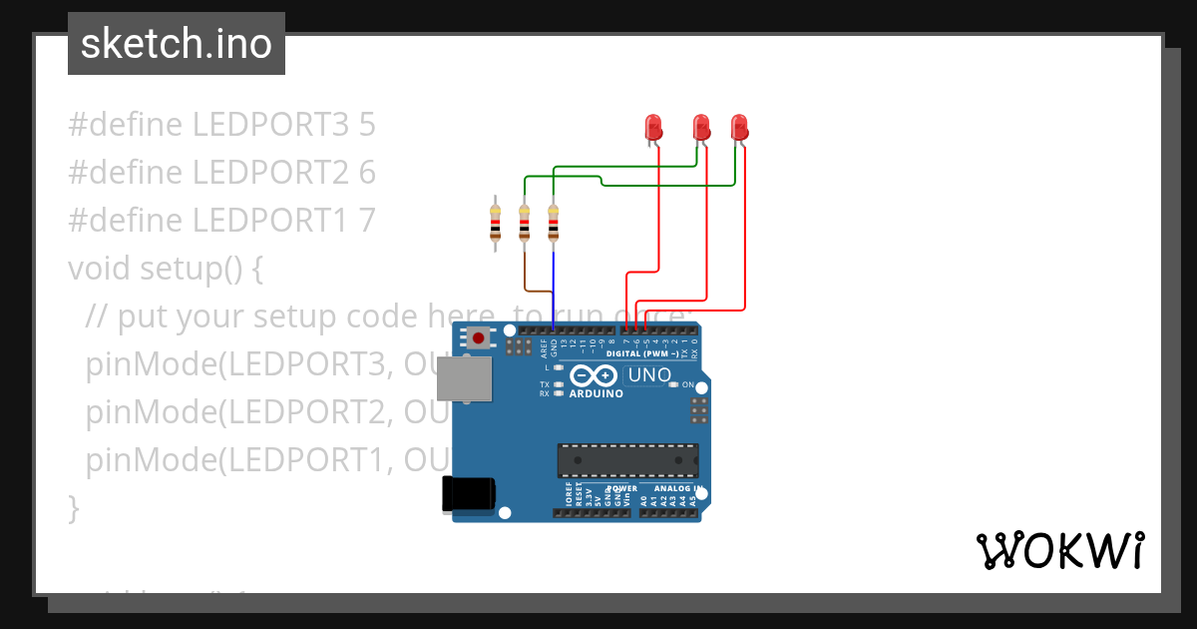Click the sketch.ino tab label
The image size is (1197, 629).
coord(177,44)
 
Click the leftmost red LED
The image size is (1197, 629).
coord(653,127)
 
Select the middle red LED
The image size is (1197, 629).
coord(701,127)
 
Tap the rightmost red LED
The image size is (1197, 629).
coord(739,127)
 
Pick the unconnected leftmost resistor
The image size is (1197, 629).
coord(495,224)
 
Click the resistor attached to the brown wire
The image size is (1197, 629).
coord(524,224)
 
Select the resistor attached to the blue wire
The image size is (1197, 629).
coord(554,224)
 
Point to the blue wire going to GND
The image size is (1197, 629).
coord(554,290)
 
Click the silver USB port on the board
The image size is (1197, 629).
coord(467,380)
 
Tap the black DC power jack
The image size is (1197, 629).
coord(469,494)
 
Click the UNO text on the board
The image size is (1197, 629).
coord(648,375)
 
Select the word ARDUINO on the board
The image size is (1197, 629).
coord(596,394)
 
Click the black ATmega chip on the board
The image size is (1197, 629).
coord(627,460)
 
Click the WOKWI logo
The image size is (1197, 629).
coord(1059,550)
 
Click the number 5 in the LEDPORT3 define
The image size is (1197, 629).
coord(366,125)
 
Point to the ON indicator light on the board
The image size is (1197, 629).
coord(674,384)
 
